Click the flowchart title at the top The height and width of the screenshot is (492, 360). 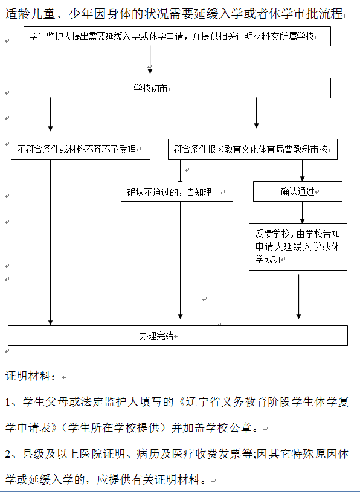[174, 14]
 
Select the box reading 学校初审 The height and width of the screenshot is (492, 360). [177, 88]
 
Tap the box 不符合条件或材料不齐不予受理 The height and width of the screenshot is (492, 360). [80, 149]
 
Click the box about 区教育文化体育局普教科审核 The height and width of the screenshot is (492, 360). [252, 149]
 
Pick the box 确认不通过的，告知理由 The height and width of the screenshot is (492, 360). [177, 192]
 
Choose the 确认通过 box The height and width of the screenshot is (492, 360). [298, 191]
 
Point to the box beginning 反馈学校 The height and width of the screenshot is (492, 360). [298, 247]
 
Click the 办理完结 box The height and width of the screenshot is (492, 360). [178, 336]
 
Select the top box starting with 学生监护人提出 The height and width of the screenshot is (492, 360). [177, 36]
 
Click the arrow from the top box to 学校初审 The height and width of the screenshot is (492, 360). [150, 60]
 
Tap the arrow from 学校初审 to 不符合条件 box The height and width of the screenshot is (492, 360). [50, 115]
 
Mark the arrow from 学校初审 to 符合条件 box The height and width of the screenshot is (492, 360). [256, 113]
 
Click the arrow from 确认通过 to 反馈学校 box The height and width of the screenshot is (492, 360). [302, 212]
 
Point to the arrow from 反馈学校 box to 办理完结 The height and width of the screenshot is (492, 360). [298, 297]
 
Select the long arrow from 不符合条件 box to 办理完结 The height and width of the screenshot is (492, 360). [50, 242]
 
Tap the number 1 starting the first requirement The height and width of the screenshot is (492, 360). [8, 402]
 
